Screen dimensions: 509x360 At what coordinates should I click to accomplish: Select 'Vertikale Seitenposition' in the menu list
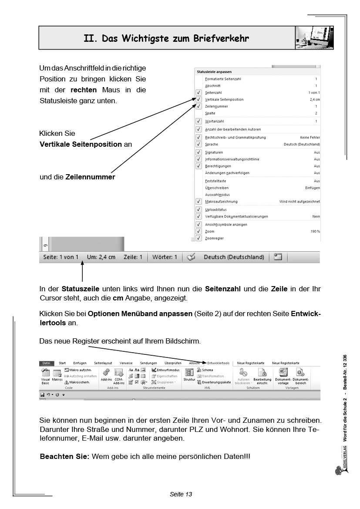tap(224, 99)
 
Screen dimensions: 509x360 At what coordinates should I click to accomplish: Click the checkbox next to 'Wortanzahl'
tap(199, 121)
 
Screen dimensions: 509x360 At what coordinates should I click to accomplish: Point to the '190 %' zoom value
tap(315, 232)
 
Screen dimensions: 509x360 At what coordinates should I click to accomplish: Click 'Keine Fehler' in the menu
tap(310, 137)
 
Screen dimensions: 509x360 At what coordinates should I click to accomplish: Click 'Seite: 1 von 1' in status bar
tap(61, 257)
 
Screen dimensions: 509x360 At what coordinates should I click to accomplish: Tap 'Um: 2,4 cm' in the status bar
tap(101, 257)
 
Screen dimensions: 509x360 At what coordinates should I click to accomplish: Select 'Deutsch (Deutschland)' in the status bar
tap(234, 257)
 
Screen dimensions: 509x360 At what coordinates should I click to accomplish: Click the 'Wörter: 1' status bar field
tap(165, 257)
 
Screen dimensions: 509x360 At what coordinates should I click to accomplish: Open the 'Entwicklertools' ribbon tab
tap(219, 363)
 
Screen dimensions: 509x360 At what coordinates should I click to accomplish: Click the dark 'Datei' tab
tap(46, 363)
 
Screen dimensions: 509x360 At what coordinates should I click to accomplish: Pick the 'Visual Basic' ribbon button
tap(45, 375)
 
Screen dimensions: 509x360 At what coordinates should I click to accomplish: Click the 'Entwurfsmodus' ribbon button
tap(165, 370)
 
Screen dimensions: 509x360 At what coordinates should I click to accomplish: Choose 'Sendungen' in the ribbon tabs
tap(148, 363)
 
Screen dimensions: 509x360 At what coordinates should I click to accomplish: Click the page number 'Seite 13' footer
tap(181, 494)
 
